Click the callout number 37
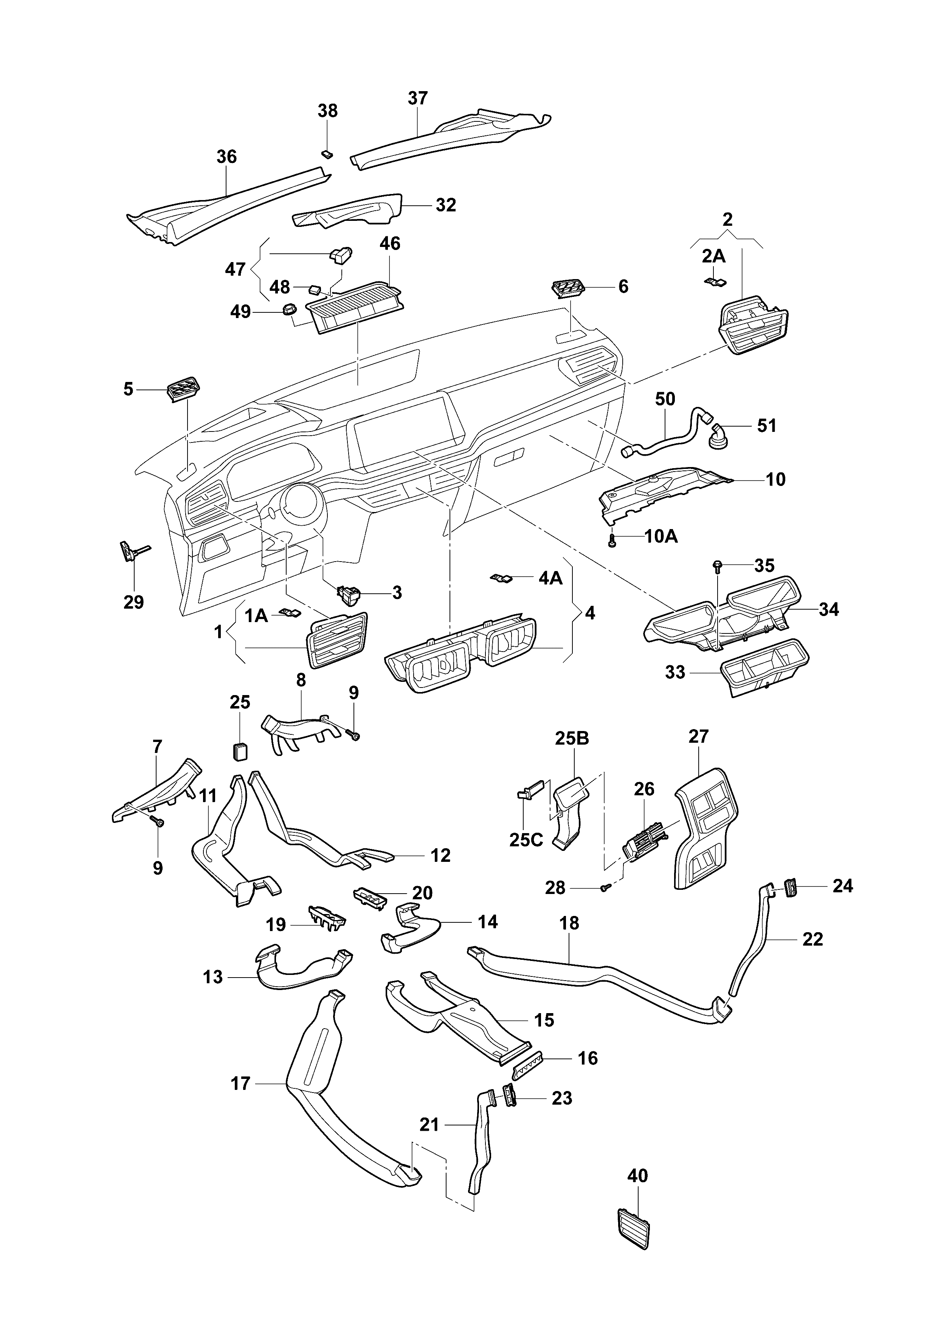tap(417, 98)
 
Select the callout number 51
tap(767, 426)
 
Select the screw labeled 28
tap(605, 888)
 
